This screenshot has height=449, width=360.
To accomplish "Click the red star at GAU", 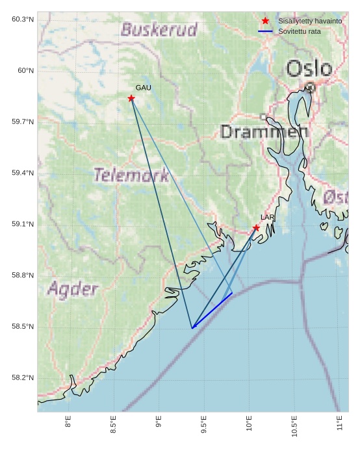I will (x=131, y=98).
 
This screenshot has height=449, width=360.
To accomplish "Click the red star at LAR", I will (x=256, y=228).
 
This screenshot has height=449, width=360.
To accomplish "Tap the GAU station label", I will (x=144, y=88).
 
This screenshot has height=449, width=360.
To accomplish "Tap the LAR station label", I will (x=268, y=218).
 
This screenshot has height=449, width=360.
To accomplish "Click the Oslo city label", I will (x=309, y=68).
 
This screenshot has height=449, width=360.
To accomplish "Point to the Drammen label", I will (x=264, y=132).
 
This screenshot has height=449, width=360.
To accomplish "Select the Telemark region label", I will (x=131, y=175).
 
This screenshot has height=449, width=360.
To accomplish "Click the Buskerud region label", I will (x=159, y=30).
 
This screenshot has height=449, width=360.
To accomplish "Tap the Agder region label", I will (x=73, y=289).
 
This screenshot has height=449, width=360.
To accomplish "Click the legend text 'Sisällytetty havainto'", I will (x=310, y=21).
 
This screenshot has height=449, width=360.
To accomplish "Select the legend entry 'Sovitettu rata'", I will (x=300, y=31).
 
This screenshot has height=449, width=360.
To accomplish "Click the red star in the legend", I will (x=265, y=21).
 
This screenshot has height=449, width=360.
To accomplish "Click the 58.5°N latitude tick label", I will (x=23, y=326).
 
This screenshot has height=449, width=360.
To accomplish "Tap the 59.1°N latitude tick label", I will (x=23, y=224).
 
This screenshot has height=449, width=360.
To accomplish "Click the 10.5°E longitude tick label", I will (x=294, y=426).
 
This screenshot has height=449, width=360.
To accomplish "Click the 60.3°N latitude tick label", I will (x=23, y=19).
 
